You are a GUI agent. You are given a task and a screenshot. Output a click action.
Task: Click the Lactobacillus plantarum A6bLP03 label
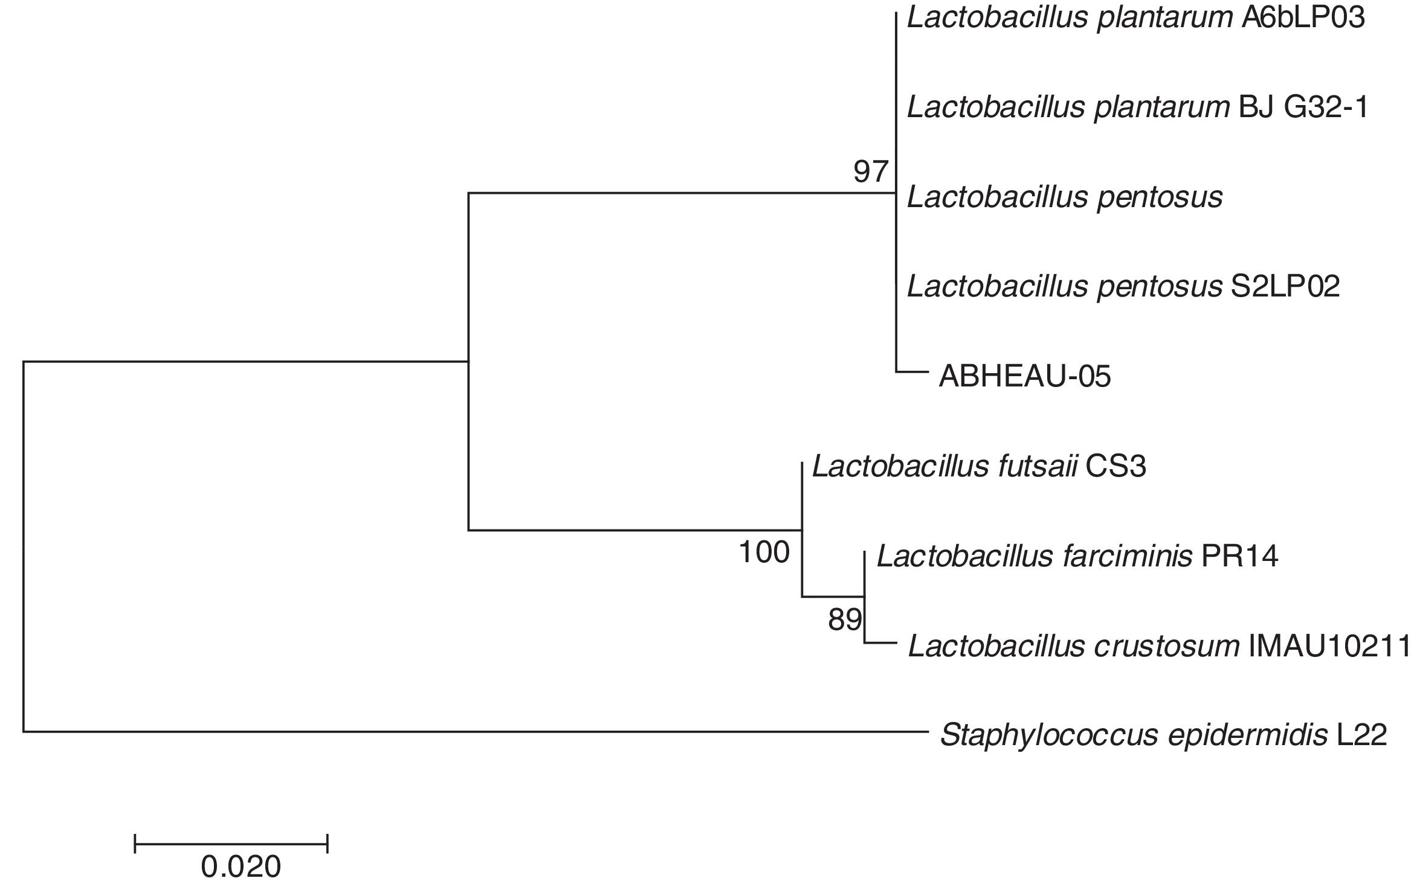click(1135, 18)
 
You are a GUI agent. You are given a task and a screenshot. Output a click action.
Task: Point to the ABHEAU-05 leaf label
click(1025, 377)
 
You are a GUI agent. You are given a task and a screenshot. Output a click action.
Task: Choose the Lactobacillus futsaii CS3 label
click(979, 466)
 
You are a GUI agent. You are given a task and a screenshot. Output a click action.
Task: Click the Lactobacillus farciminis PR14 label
click(1077, 556)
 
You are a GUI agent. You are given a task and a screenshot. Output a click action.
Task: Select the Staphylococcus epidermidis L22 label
click(1163, 735)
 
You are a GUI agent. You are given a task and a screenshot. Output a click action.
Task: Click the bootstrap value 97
click(870, 173)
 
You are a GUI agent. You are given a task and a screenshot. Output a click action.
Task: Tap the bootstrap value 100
click(764, 552)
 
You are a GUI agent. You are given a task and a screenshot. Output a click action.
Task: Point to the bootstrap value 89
click(844, 620)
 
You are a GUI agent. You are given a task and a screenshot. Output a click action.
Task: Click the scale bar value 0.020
click(241, 867)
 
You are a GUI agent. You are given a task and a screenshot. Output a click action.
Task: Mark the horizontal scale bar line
click(231, 843)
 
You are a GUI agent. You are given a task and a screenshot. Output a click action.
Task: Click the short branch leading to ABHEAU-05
click(911, 372)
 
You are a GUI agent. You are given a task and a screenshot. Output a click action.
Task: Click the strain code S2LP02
click(1285, 286)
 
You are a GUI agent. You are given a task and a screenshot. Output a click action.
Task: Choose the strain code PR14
click(1239, 556)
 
